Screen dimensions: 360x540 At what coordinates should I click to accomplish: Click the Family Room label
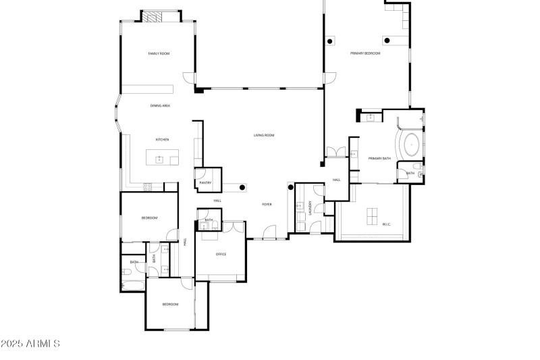(159, 53)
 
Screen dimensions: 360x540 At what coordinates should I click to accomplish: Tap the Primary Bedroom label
(365, 53)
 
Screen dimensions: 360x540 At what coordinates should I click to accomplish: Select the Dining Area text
(160, 106)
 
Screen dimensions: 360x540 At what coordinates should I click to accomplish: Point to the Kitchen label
(162, 140)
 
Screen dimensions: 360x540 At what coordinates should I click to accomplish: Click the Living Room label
(264, 135)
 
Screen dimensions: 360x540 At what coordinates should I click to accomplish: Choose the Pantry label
(206, 182)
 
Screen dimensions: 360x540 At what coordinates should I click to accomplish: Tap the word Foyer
(267, 204)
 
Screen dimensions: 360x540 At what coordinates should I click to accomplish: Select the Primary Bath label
(379, 158)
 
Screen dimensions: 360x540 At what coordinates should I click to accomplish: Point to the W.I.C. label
(387, 224)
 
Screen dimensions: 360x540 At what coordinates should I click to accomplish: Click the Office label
(221, 254)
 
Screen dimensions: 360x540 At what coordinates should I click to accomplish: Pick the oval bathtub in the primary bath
(410, 145)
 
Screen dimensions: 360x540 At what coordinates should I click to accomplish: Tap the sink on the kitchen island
(160, 159)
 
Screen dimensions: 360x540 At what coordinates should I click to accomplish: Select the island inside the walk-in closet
(373, 216)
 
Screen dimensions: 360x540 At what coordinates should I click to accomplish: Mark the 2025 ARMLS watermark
(30, 344)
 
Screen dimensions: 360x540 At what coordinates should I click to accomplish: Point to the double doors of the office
(234, 227)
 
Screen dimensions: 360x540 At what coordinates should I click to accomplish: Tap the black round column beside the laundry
(291, 186)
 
